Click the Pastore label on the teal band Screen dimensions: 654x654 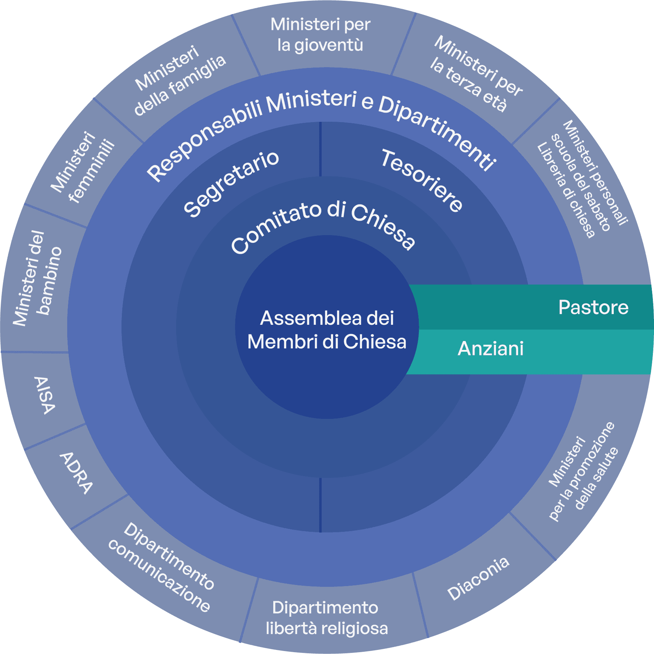pyautogui.click(x=593, y=307)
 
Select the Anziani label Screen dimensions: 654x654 pyautogui.click(x=490, y=348)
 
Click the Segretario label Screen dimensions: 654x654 pyautogui.click(x=232, y=183)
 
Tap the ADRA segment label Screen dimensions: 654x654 pyautogui.click(x=76, y=473)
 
